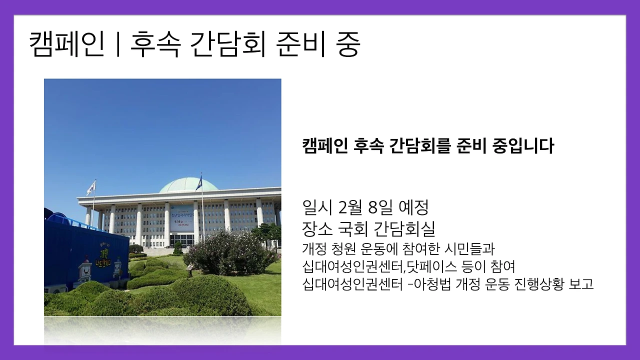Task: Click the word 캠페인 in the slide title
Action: pyautogui.click(x=66, y=45)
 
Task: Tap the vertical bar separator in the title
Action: pyautogui.click(x=117, y=45)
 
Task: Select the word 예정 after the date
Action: pyautogui.click(x=414, y=206)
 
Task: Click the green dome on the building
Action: pyautogui.click(x=188, y=184)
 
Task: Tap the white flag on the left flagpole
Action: pyautogui.click(x=91, y=187)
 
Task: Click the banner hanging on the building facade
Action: pyautogui.click(x=181, y=218)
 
